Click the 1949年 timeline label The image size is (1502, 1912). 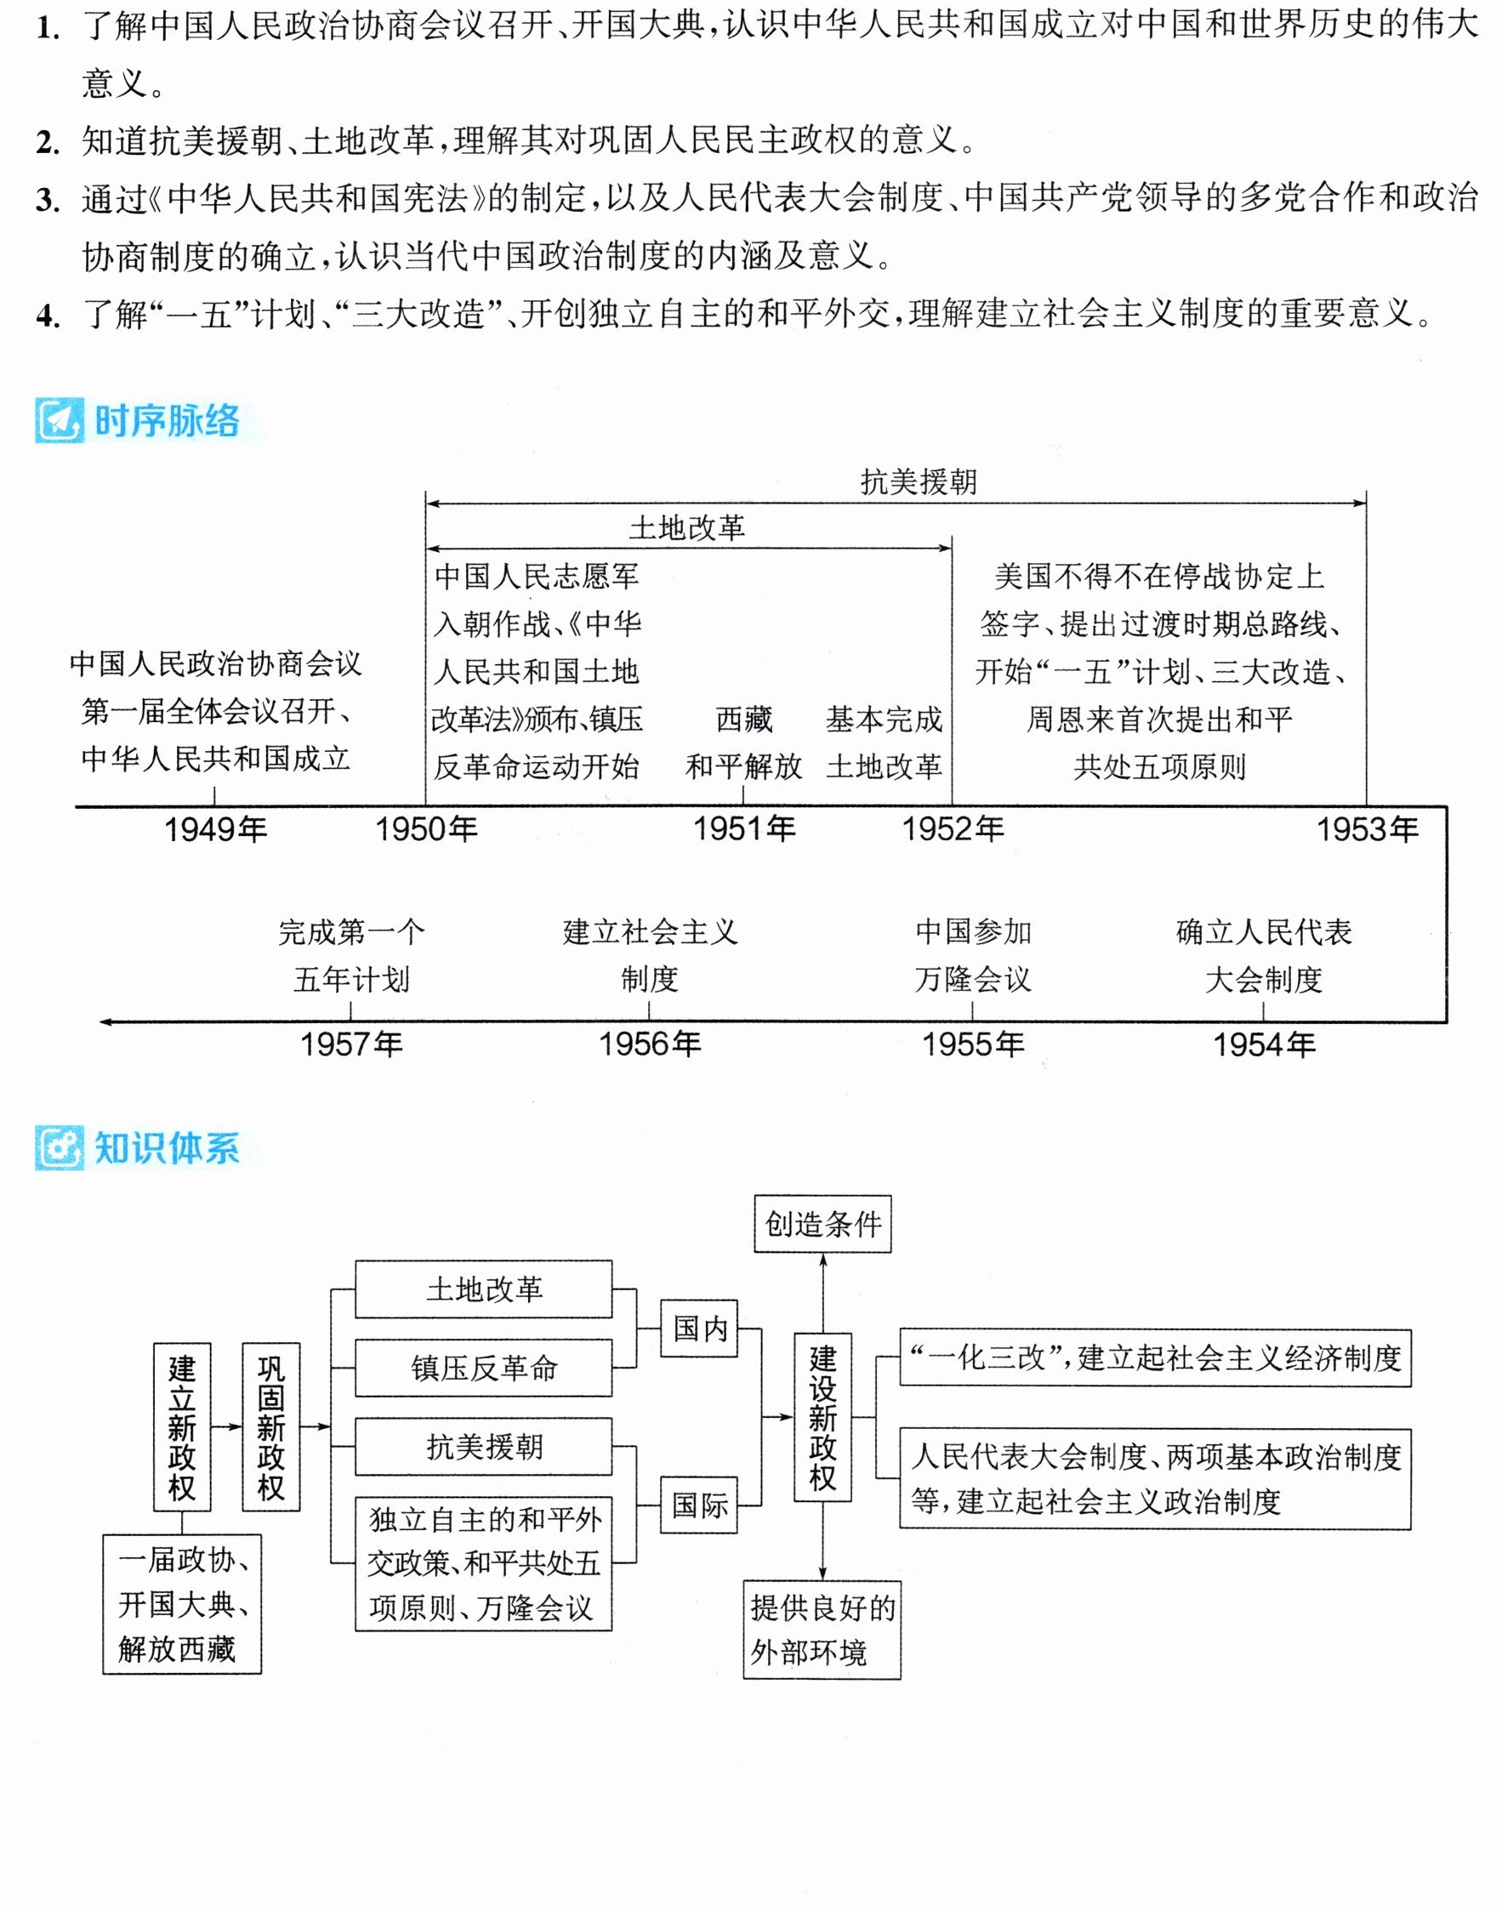215,828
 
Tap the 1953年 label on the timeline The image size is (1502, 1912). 1368,828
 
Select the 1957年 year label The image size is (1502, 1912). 351,1044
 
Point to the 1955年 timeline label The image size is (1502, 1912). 973,1044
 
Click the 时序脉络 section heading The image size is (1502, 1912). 166,420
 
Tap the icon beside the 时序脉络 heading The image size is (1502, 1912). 60,420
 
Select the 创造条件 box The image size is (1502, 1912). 822,1223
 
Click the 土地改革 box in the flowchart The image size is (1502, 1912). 484,1289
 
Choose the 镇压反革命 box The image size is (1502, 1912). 484,1368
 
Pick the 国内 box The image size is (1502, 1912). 699,1328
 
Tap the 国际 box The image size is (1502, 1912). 699,1505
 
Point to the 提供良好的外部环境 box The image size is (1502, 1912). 822,1630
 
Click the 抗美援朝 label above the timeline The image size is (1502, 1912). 918,482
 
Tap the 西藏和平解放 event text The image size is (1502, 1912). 744,743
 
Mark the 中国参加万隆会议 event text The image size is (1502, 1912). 973,955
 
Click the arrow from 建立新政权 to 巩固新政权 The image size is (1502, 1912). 226,1425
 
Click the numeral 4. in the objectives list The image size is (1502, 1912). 48,315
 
